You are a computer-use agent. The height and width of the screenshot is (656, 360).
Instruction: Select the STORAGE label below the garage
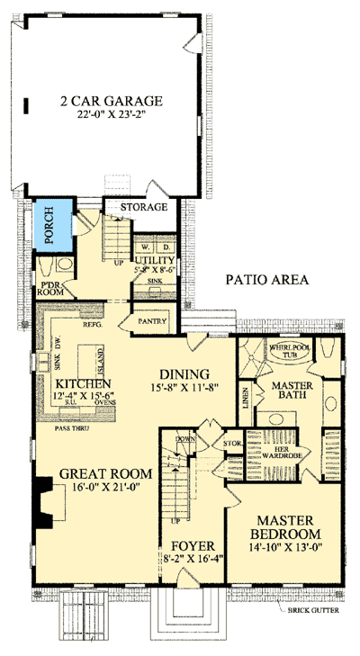tap(144, 207)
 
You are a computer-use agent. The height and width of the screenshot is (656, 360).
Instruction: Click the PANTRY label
tap(148, 319)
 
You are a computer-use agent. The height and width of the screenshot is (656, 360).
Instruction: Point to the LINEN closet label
tap(246, 396)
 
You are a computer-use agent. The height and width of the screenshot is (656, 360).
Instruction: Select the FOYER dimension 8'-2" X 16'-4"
tap(193, 559)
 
